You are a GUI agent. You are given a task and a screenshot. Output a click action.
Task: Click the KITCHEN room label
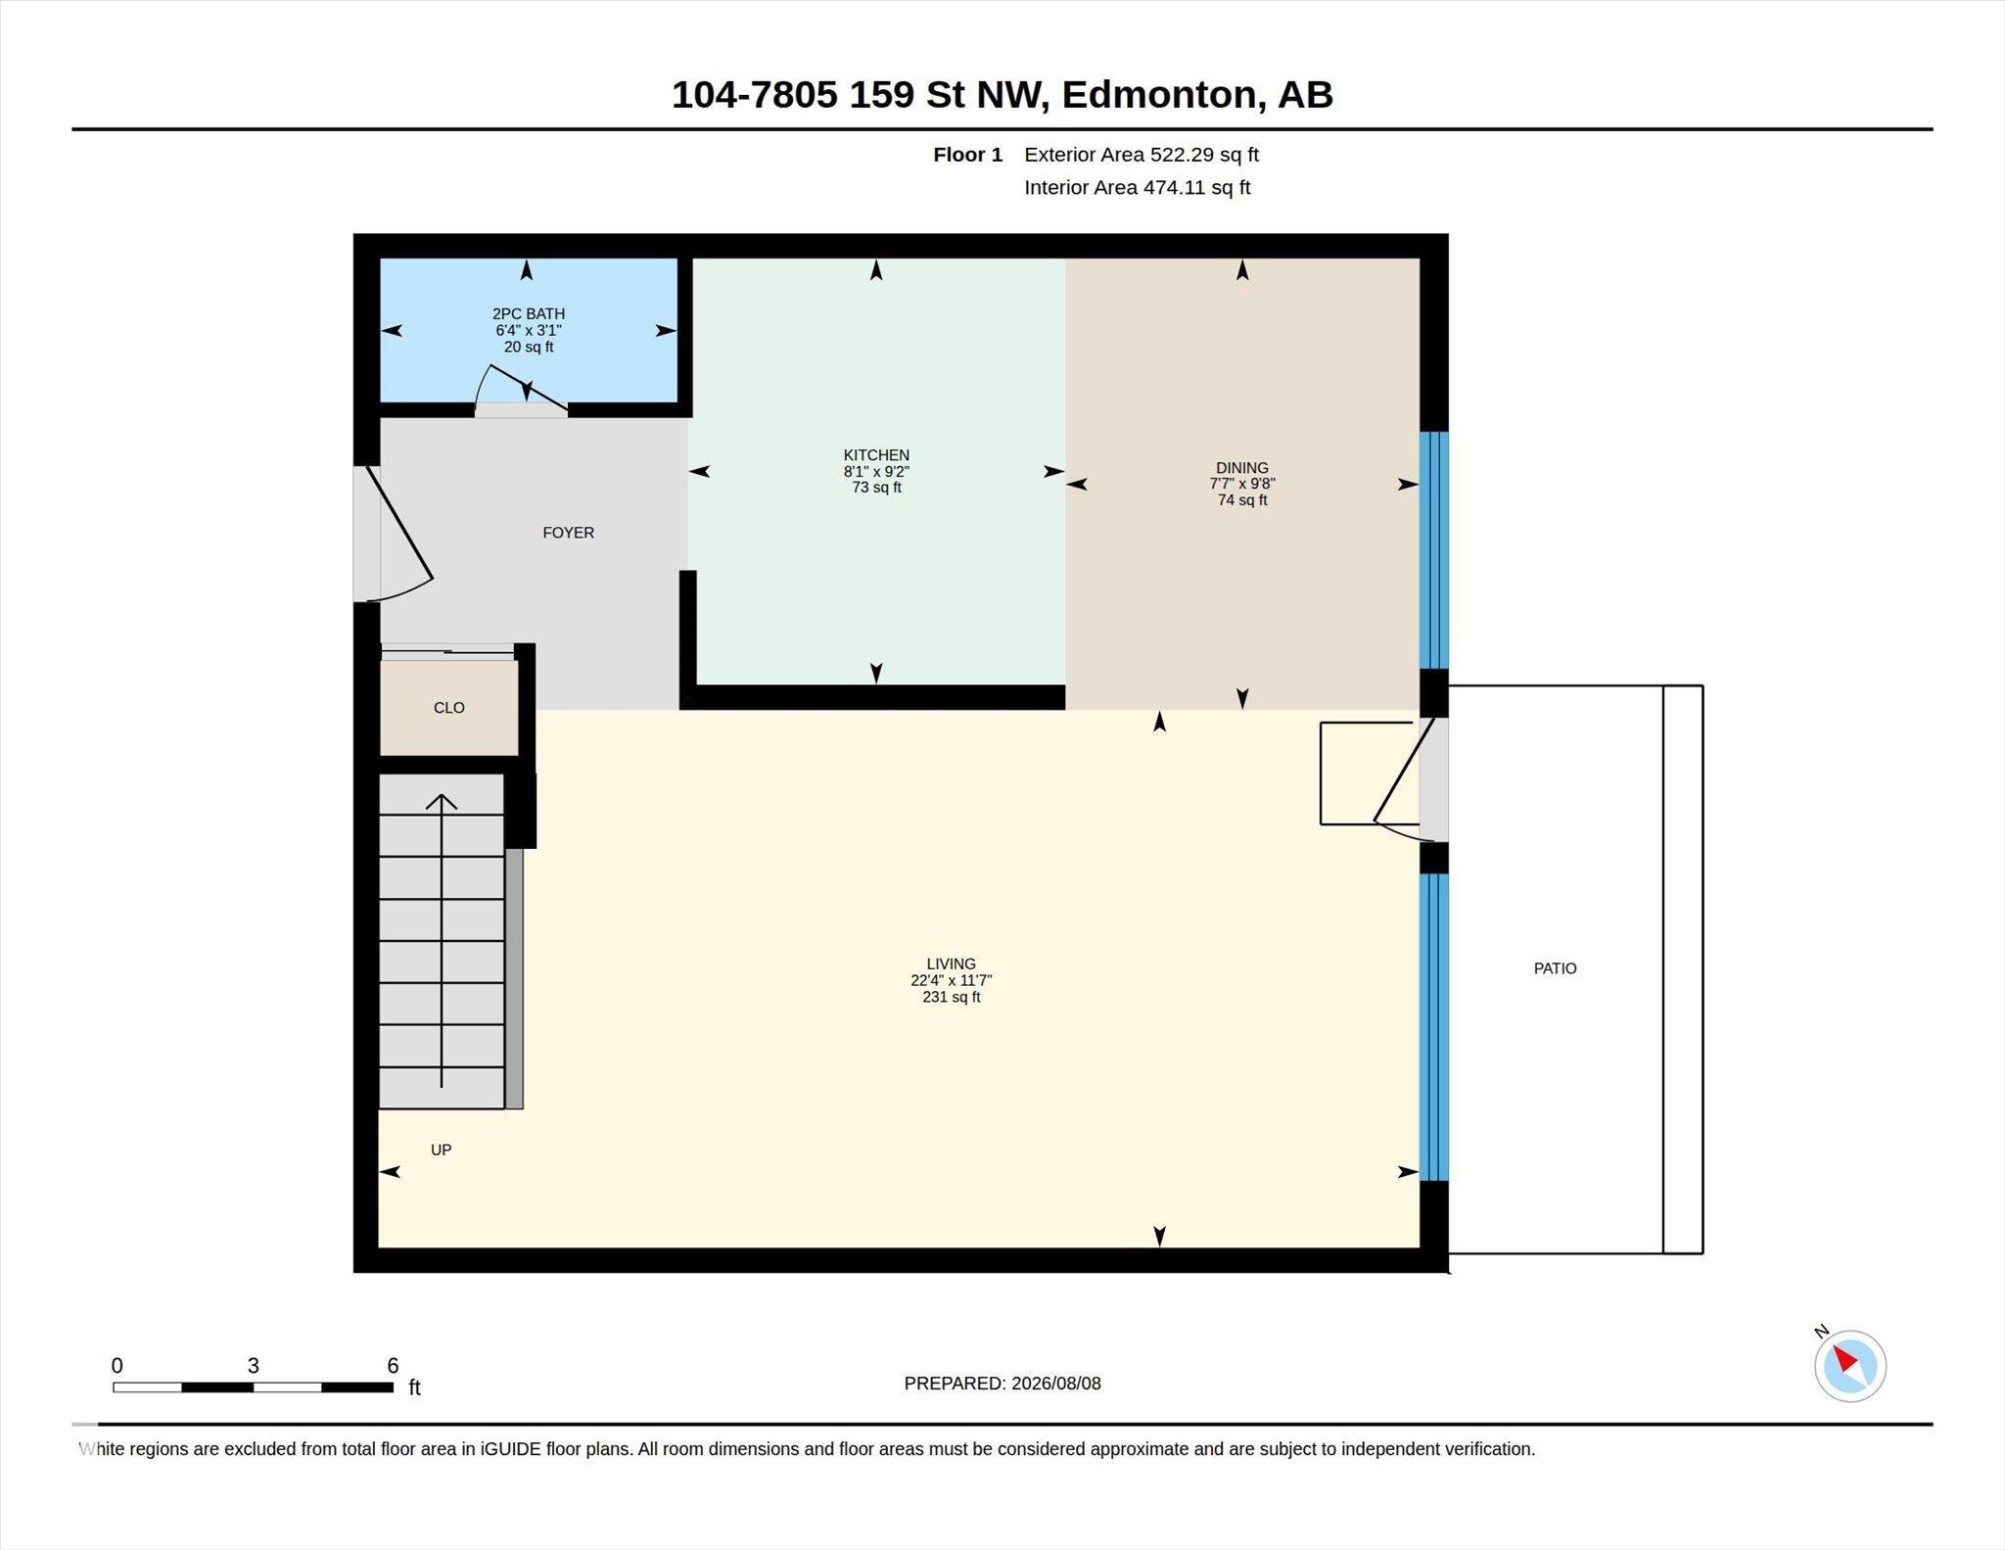[x=876, y=454]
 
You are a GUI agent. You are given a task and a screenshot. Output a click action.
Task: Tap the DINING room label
[x=1242, y=467]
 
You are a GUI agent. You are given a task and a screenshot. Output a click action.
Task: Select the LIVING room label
[x=951, y=963]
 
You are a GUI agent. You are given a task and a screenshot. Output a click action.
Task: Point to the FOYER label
[x=569, y=533]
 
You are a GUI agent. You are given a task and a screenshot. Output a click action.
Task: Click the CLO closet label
[x=449, y=708]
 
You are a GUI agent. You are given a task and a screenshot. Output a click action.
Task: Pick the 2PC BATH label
[x=529, y=313]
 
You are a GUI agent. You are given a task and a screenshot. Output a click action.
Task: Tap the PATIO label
[x=1556, y=968]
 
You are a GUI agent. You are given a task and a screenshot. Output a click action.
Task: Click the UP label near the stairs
[x=442, y=1150]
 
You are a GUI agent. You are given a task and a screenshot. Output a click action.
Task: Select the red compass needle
[x=1844, y=1358]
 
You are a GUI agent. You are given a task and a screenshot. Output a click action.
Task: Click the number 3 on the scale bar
[x=253, y=1365]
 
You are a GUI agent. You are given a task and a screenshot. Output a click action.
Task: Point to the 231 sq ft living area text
[x=951, y=997]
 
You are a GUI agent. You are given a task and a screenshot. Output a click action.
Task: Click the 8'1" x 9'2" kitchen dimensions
[x=876, y=471]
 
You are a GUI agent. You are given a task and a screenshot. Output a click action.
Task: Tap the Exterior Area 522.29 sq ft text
[x=1142, y=155]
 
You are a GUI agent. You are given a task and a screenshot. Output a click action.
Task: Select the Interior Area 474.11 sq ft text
[x=1138, y=187]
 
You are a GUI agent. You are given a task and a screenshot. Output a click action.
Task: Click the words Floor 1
[x=968, y=155]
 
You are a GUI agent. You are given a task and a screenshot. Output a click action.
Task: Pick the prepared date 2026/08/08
[x=1056, y=1384]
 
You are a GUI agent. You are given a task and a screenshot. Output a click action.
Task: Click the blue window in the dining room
[x=1434, y=550]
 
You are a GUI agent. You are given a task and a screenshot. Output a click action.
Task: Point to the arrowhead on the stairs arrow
[x=442, y=801]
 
